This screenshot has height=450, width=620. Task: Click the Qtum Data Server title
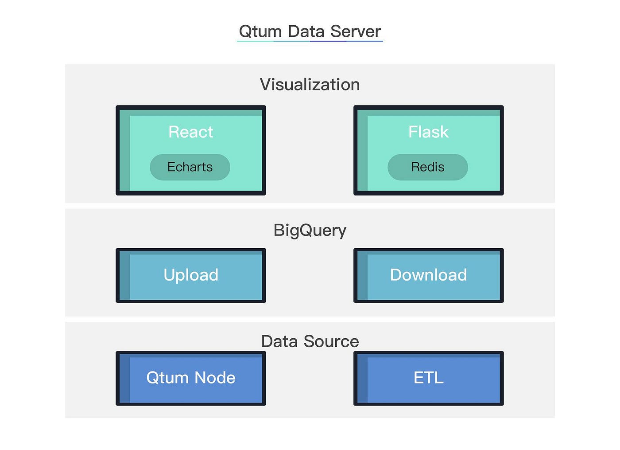pos(310,31)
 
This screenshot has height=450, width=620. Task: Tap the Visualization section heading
pos(310,84)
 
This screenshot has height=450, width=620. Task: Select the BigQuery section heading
pos(310,230)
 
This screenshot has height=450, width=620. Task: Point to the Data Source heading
pos(310,341)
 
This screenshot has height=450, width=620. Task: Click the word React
pos(190,132)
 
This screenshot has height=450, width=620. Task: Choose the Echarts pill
pos(190,167)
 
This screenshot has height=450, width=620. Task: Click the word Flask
pos(428,132)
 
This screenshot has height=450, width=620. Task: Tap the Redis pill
pos(427,167)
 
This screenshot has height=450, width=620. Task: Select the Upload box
pos(191,275)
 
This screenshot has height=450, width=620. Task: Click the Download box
pos(428,275)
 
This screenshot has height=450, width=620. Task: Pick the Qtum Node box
pos(191,378)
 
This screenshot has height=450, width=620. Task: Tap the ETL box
pos(428,378)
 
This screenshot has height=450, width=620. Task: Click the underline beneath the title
pos(310,41)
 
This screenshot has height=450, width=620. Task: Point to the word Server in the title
pos(355,31)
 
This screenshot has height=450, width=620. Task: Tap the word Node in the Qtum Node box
pos(215,378)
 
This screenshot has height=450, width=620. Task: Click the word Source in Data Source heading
pos(331,341)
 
